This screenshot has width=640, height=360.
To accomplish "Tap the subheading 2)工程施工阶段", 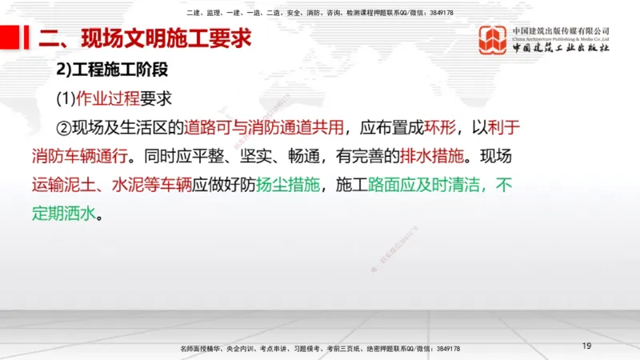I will [x=111, y=70].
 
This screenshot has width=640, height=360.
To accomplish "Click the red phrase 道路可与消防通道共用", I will [x=265, y=127].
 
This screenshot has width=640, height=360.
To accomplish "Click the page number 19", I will [x=586, y=346].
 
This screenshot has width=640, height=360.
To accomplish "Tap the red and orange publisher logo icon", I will [x=493, y=40].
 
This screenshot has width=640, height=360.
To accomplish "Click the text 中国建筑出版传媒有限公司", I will [x=561, y=30].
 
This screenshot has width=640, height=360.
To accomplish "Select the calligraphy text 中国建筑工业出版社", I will [x=561, y=48].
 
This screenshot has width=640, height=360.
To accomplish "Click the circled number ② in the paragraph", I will [x=64, y=127].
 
